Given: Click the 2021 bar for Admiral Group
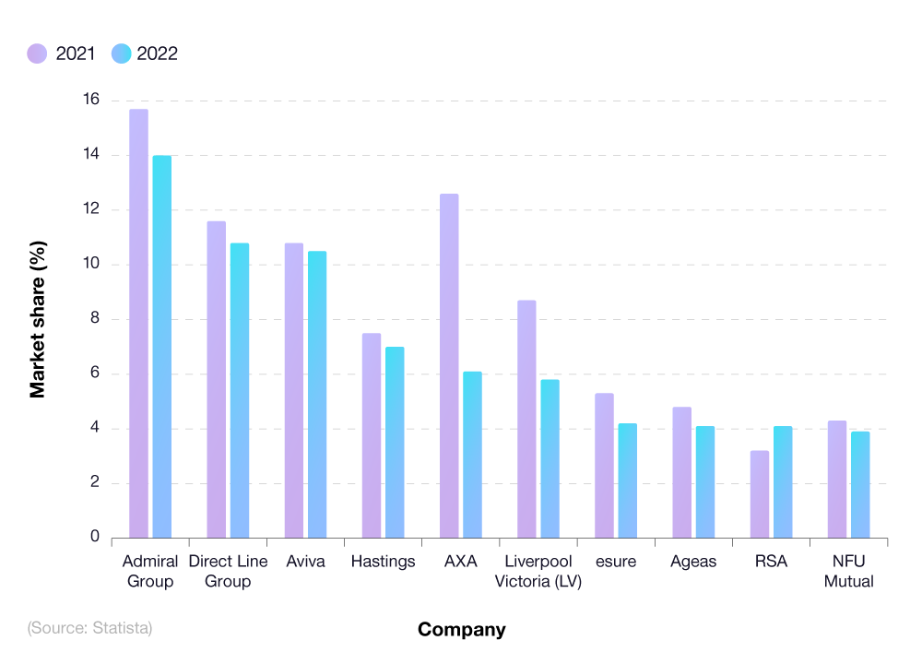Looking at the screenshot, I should click(x=138, y=323).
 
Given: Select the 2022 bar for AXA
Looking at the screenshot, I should click(x=472, y=455).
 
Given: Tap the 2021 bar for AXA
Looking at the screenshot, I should click(x=449, y=366).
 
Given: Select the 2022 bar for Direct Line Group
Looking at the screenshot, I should click(x=240, y=390).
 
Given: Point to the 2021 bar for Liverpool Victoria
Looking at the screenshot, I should click(x=526, y=419).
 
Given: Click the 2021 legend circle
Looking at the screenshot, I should click(x=37, y=53).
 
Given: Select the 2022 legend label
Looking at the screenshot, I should click(x=157, y=53).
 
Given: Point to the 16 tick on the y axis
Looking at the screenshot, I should click(x=90, y=101).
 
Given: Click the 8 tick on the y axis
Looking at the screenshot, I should click(x=94, y=319).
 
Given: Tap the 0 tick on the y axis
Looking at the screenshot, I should click(x=94, y=538).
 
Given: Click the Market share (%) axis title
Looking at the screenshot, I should click(x=38, y=319).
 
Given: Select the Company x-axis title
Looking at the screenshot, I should click(x=461, y=630).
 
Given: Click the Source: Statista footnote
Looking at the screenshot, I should click(x=89, y=628).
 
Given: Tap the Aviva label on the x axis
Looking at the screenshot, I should click(x=305, y=562).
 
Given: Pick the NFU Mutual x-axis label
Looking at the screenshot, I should click(x=848, y=572).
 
